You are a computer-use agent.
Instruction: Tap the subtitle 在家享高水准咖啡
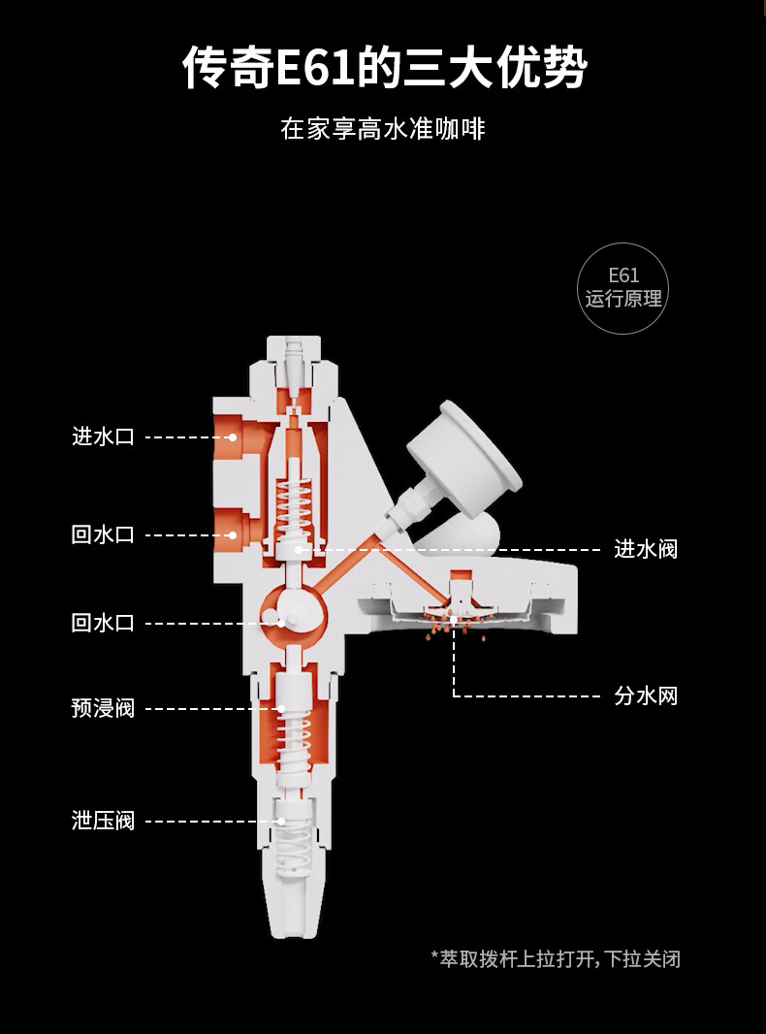[382, 129]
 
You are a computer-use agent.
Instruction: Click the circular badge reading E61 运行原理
[623, 288]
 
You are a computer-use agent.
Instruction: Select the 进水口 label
[103, 436]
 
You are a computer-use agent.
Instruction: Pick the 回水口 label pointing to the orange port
[103, 534]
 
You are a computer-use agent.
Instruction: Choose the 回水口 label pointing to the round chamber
[103, 623]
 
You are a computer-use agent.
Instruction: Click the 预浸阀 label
[103, 709]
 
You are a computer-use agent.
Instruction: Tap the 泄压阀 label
[103, 822]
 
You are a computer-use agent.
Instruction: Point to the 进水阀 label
[646, 549]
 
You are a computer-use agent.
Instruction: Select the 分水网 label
[646, 695]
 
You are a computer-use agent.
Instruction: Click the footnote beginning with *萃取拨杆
[555, 959]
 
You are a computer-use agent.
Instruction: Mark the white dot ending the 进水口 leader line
[234, 437]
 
